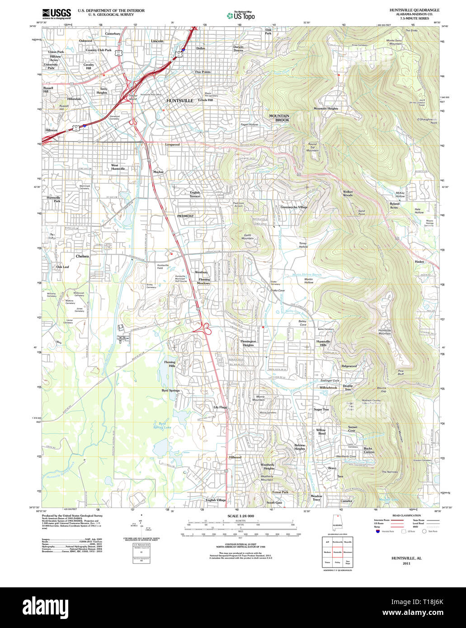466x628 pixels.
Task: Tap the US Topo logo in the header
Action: (240, 15)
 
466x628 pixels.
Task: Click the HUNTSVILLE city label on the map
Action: (179, 100)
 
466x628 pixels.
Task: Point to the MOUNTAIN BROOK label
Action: (279, 118)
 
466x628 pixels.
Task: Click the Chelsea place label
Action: (82, 256)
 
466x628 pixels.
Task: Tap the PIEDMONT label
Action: (185, 216)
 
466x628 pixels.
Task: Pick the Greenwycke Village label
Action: (293, 207)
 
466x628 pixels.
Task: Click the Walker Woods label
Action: (348, 193)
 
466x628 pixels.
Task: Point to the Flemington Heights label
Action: (248, 343)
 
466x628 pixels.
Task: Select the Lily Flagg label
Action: (220, 407)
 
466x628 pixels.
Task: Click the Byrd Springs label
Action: (170, 390)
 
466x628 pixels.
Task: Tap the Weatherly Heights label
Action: (268, 466)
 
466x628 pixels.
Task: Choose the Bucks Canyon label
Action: (369, 450)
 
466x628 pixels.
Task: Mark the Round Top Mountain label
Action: (312, 147)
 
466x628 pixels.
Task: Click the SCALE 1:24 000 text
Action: (240, 516)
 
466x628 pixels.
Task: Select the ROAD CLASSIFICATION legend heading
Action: (406, 516)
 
